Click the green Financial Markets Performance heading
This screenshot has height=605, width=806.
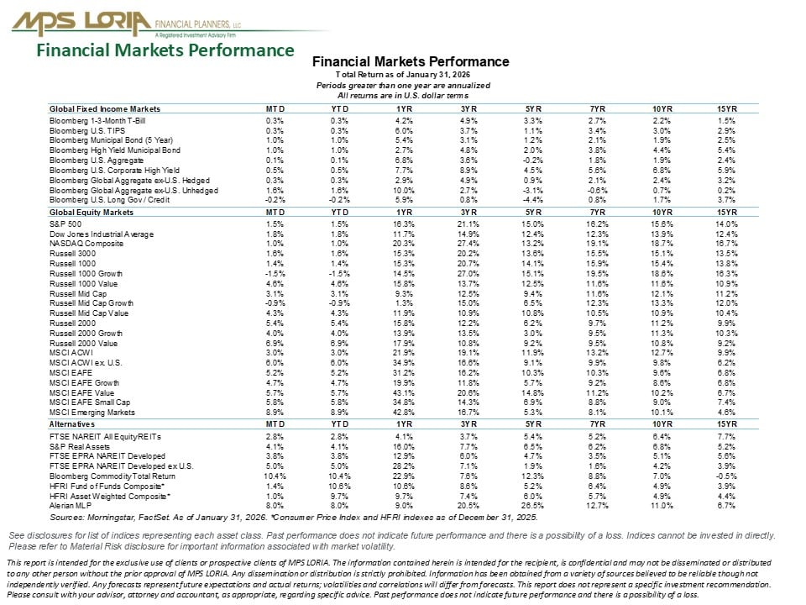(165, 50)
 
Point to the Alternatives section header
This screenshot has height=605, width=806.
(71, 426)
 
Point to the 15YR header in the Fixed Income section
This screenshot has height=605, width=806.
(727, 109)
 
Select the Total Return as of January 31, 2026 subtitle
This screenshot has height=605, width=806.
(411, 76)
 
